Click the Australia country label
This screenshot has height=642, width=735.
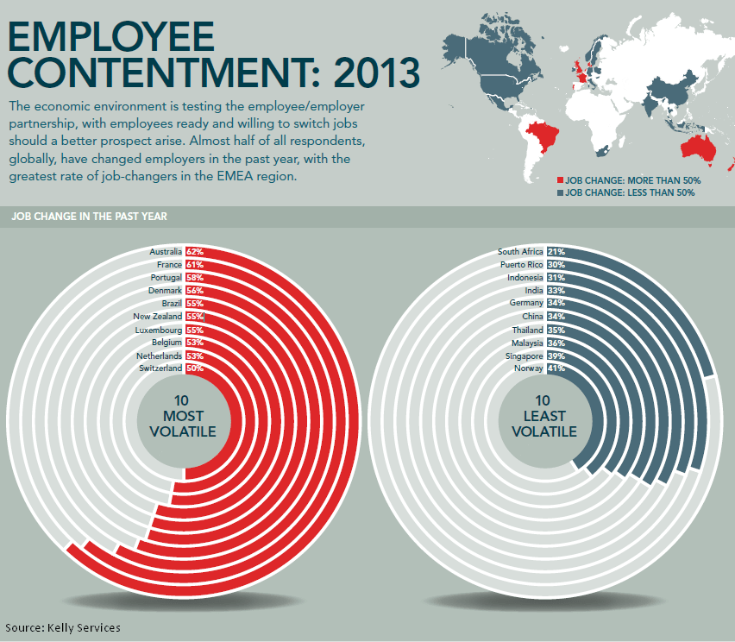[x=166, y=252]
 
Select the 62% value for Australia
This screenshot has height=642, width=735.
[x=194, y=252]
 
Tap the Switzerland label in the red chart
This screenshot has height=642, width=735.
[x=160, y=368]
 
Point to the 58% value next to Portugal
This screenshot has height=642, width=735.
[x=194, y=278]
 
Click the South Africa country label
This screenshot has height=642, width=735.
[x=521, y=252]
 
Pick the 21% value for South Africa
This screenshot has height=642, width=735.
[x=556, y=252]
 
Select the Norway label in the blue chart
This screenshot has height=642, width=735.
[x=528, y=368]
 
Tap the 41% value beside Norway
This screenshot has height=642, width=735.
[x=556, y=368]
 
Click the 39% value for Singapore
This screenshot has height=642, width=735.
[x=556, y=356]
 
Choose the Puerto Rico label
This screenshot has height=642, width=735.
[x=522, y=265]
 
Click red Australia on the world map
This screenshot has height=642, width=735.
[x=698, y=149]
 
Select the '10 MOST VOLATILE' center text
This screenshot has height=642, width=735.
[x=182, y=417]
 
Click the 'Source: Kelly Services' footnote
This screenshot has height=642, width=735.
[x=63, y=627]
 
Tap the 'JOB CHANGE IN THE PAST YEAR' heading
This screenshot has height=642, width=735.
[x=90, y=216]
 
